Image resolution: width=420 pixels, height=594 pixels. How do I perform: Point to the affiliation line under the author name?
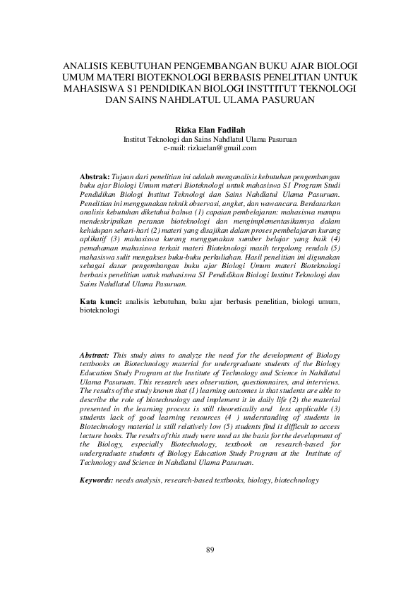[210, 140]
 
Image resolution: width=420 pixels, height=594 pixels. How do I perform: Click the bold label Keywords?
[97, 479]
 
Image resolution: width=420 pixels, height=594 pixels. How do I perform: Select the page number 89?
[210, 550]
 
